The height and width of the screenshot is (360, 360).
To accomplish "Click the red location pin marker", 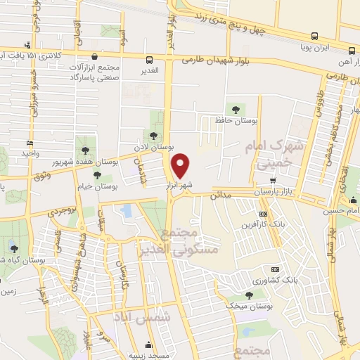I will (x=181, y=166).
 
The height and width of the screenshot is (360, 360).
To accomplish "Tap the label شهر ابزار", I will (x=179, y=185).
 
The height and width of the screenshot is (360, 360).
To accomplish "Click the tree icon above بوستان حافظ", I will (x=236, y=109).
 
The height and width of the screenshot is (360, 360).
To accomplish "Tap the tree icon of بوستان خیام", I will (x=97, y=175).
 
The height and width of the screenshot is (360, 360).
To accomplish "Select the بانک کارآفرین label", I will (x=263, y=225).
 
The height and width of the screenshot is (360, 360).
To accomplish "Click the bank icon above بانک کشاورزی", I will (x=275, y=269).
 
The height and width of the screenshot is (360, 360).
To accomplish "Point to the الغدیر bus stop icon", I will (x=150, y=60).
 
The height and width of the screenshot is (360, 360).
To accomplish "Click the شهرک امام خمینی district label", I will (x=273, y=155).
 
